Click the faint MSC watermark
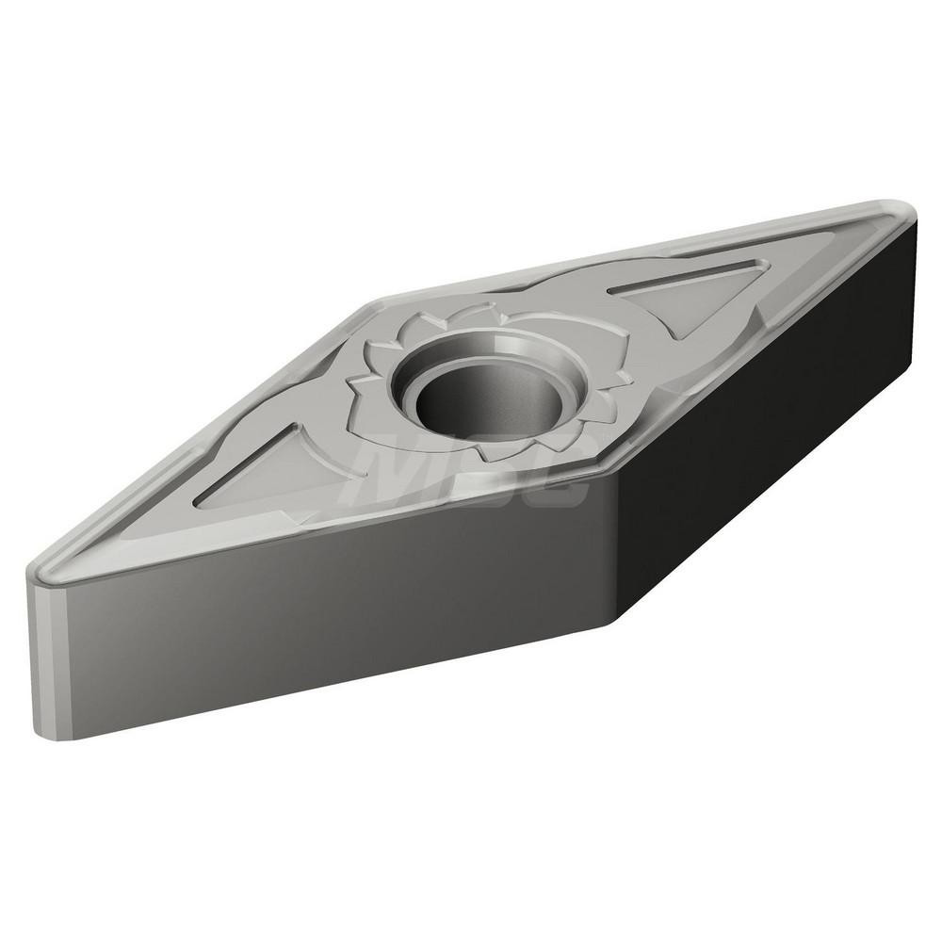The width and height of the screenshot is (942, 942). point(471,471)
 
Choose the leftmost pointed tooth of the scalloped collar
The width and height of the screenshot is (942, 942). point(350,383)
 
